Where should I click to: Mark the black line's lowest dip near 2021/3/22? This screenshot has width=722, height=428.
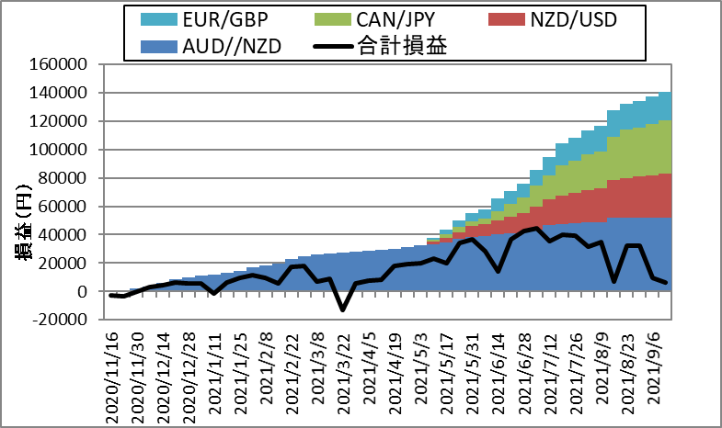click(x=343, y=310)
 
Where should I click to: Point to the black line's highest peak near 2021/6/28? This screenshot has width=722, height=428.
click(x=537, y=228)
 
